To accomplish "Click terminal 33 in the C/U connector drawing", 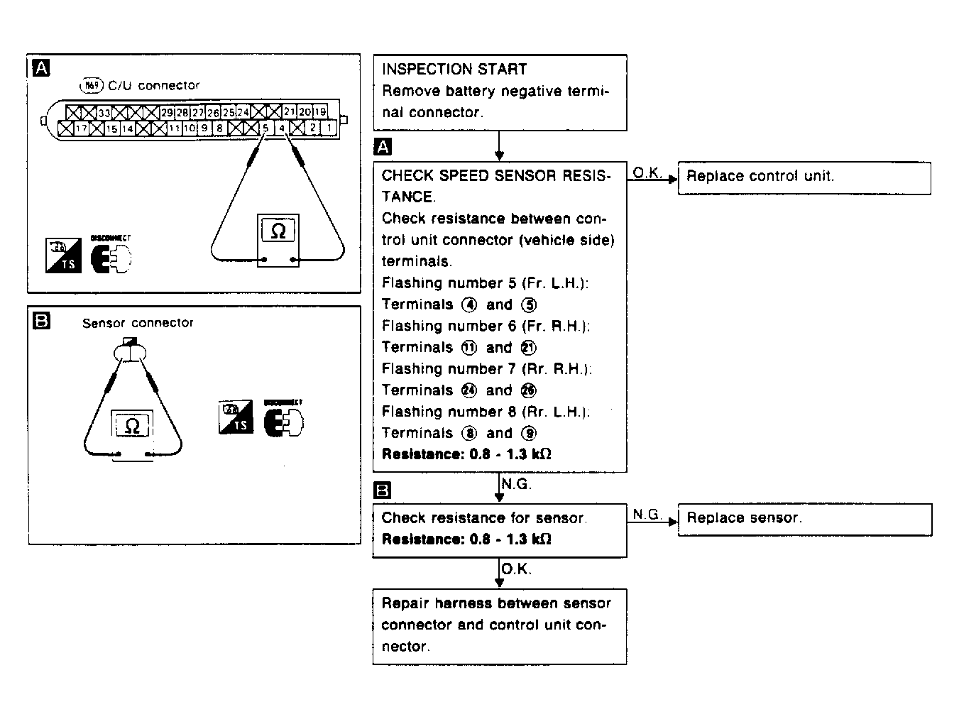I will click(x=104, y=112).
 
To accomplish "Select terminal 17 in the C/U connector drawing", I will click(x=82, y=129).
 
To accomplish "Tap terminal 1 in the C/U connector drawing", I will click(x=329, y=128).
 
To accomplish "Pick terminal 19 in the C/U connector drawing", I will click(x=320, y=112).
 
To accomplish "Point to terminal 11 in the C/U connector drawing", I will click(x=175, y=129).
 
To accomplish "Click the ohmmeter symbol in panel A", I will click(x=278, y=231).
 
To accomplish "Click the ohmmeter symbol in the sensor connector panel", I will click(x=132, y=426).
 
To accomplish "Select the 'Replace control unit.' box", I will click(x=804, y=177).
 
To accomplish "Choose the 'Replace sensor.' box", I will click(x=804, y=520).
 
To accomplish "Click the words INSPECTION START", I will click(x=454, y=70).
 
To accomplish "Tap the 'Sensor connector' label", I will click(x=138, y=323).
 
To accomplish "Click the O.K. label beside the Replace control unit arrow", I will click(x=647, y=172).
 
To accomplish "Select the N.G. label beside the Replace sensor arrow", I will click(x=646, y=514).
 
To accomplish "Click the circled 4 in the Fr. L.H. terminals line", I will click(x=469, y=305).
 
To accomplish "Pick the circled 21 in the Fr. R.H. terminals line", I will click(x=529, y=348).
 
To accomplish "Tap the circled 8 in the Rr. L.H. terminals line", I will click(x=469, y=434).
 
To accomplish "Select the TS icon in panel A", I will click(x=63, y=256).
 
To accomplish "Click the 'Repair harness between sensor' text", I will click(x=495, y=604).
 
